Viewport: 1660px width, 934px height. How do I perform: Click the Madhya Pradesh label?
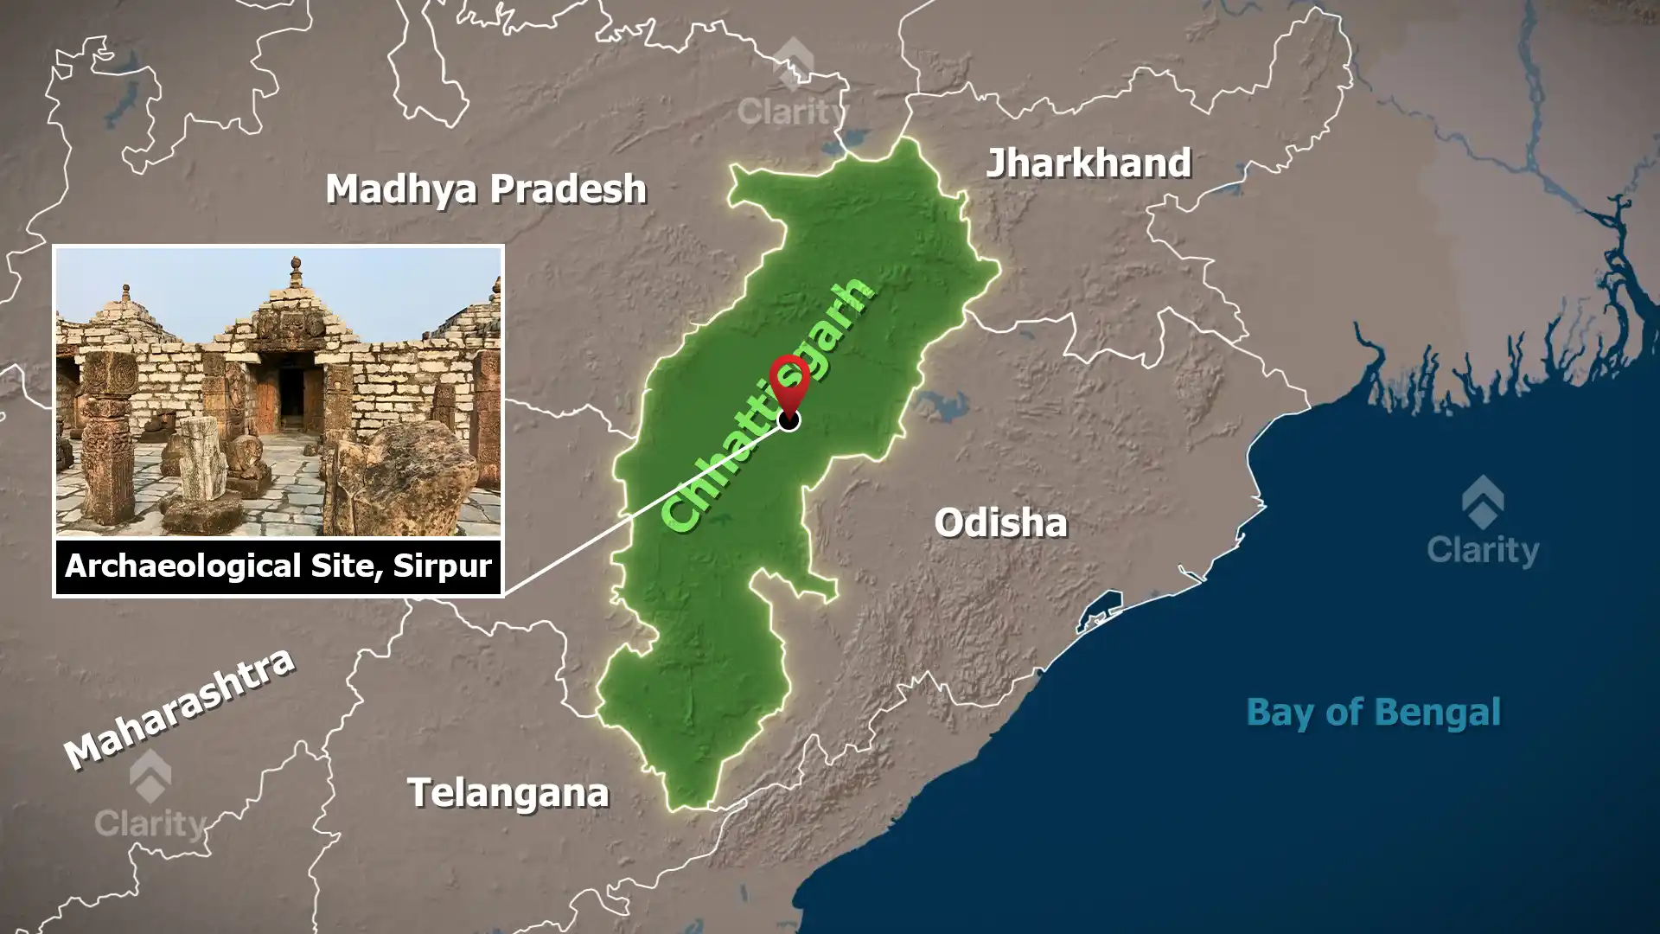[x=485, y=189]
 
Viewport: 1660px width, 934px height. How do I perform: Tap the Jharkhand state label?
[x=1089, y=163]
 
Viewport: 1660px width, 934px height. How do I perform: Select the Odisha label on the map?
[x=1000, y=522]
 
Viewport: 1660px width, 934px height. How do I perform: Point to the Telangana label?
[x=508, y=793]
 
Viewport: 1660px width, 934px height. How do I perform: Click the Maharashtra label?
[x=180, y=707]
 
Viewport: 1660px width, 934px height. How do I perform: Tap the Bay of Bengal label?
[x=1373, y=713]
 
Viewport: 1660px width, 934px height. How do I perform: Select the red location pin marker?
[x=788, y=381]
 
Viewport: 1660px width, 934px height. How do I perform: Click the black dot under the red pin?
[x=788, y=420]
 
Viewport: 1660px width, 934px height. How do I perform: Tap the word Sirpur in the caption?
[x=442, y=566]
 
